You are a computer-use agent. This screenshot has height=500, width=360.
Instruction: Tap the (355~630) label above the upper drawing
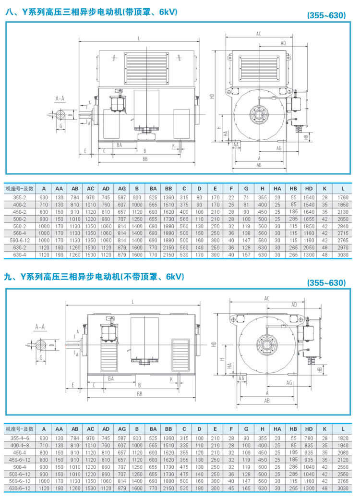click(326, 15)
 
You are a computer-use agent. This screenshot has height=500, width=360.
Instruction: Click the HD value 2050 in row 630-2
click(309, 247)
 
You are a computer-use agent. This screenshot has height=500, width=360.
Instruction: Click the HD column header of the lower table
click(309, 428)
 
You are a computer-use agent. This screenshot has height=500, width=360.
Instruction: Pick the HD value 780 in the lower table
click(309, 439)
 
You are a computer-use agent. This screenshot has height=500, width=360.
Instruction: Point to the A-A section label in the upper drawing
click(60, 98)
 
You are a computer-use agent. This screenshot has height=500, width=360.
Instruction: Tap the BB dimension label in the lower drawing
click(140, 393)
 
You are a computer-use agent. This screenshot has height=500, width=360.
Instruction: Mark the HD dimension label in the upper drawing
click(212, 96)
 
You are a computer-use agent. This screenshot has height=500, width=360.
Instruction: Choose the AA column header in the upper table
click(59, 188)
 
